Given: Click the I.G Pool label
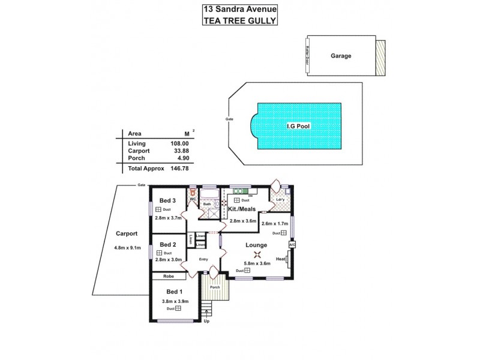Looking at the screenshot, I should (x=299, y=127).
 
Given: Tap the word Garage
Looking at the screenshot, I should (x=340, y=56).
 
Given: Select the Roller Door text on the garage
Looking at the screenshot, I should (x=307, y=55).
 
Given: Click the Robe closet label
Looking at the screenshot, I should (x=169, y=276).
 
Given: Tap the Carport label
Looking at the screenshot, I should (x=127, y=234).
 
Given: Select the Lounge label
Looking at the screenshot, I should (x=256, y=245).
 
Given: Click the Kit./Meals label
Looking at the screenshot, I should (x=242, y=209).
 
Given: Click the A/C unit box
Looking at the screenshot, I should (x=292, y=245).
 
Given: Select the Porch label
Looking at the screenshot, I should (x=214, y=287).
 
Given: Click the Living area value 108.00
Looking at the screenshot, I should (x=180, y=144).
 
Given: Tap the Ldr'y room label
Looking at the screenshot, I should (x=280, y=199).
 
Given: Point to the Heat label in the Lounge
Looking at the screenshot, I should (x=280, y=259).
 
